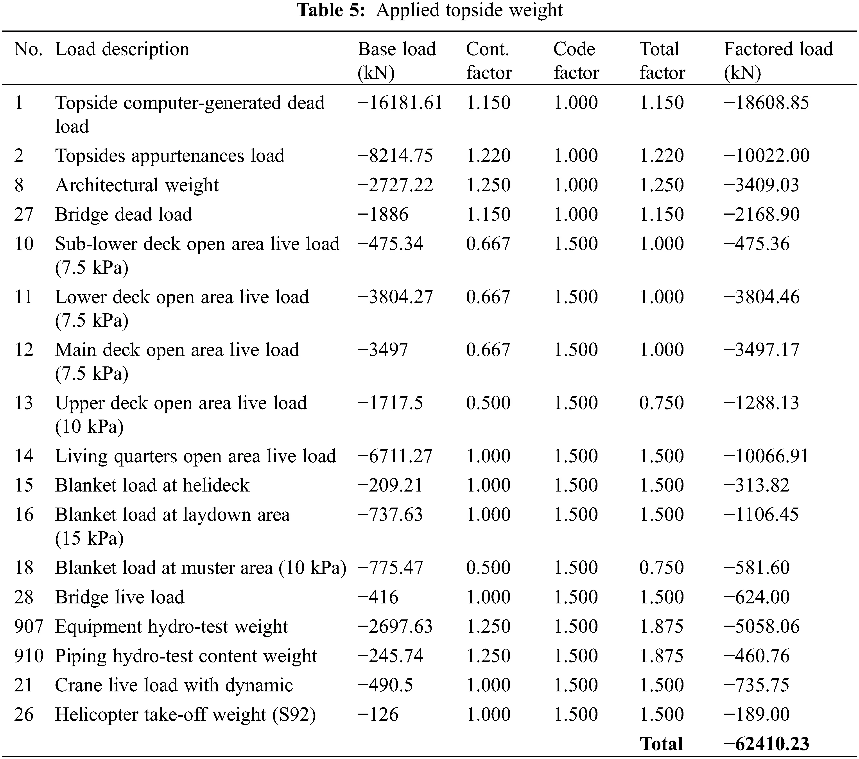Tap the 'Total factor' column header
pos(662,61)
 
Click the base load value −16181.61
pos(400,103)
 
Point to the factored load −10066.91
pos(766,456)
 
